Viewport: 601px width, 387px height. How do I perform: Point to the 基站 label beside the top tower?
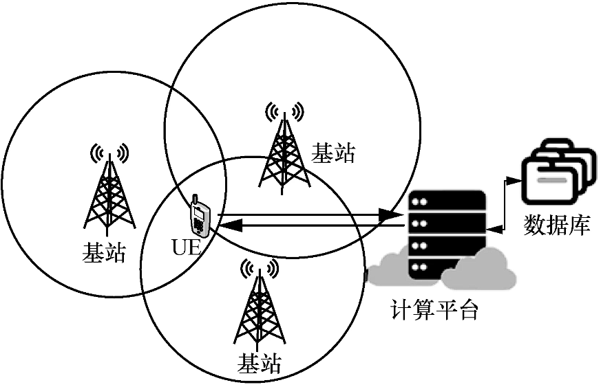334,152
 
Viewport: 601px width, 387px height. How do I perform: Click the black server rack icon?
447,234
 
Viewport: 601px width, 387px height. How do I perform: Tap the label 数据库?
558,225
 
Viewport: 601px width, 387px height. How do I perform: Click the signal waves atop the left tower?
109,151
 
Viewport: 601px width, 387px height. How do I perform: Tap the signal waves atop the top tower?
284,110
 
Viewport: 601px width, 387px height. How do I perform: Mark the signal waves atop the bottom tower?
259,267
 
